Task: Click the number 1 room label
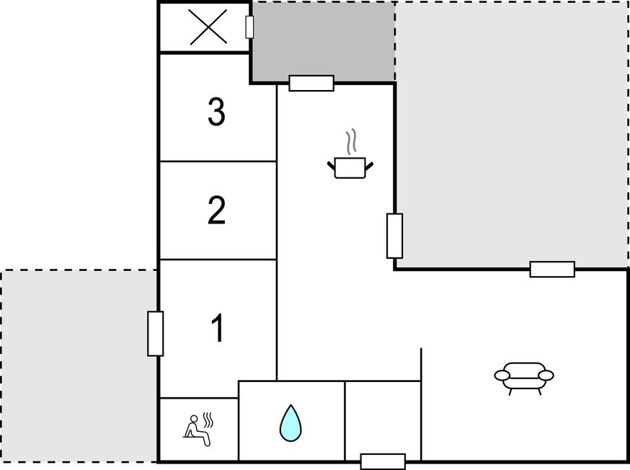pos(218,328)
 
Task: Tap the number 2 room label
pos(216,210)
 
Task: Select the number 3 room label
pos(216,112)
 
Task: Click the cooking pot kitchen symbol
pos(350,167)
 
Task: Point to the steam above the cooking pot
pos(351,141)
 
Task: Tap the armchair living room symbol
pos(524,378)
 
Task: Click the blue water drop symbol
pos(290,423)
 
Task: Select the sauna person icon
pos(198,429)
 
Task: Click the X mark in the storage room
pos(208,27)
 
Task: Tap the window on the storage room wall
pos(249,27)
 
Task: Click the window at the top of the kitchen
pos(311,83)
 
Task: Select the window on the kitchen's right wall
pos(394,236)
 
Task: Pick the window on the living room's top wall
pos(552,269)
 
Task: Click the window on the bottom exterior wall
pos(383,461)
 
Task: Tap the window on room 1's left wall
pos(156,334)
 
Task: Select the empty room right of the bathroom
pos(383,420)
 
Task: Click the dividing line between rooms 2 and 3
pos(218,161)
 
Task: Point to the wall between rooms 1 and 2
pos(218,260)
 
